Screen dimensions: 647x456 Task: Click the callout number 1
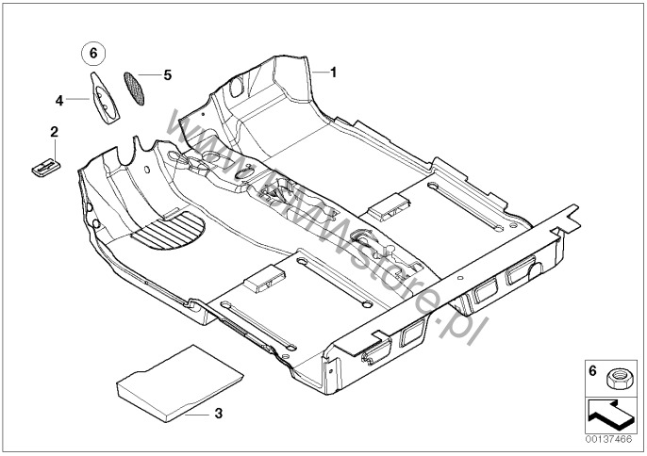(x=334, y=73)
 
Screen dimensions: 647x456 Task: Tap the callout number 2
(x=54, y=132)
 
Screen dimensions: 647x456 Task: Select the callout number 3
(x=218, y=413)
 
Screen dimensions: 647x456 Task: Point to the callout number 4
(x=59, y=100)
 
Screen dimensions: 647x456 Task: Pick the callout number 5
(x=167, y=75)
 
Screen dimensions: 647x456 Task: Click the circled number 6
(x=93, y=53)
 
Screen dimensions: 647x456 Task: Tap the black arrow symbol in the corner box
(x=610, y=414)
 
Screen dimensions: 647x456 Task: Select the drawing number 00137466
(x=608, y=439)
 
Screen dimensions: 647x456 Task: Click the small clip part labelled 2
(x=46, y=167)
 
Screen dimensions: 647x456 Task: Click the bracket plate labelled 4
(x=105, y=98)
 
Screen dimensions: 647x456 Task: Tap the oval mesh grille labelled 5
(x=134, y=89)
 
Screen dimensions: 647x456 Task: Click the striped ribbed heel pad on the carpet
(x=169, y=231)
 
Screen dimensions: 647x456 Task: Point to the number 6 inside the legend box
(x=592, y=371)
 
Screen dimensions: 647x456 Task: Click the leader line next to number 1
(x=321, y=73)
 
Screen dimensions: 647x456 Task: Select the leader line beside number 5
(x=149, y=75)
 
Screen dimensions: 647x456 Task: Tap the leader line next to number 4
(x=77, y=99)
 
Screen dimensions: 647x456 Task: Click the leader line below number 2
(x=55, y=149)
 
